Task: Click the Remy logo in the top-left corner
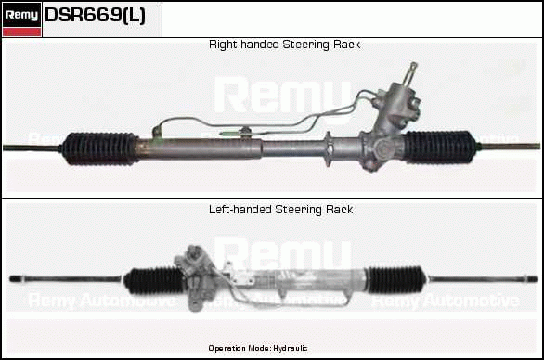point(21,19)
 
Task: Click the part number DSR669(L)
point(95,15)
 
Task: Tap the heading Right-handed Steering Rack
point(284,45)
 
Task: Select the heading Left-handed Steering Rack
point(280,210)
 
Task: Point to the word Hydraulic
point(290,348)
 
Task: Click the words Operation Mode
point(240,348)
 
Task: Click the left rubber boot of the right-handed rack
point(99,148)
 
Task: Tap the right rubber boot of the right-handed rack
point(438,147)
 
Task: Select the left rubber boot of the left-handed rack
point(154,281)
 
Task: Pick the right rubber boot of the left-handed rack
point(396,280)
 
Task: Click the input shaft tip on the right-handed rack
point(413,66)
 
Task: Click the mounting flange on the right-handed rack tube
point(329,149)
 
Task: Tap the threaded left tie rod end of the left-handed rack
point(16,278)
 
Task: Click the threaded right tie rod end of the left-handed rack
point(530,278)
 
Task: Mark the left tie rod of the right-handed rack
point(32,148)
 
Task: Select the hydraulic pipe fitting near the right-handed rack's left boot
point(157,133)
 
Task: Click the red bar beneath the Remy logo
point(21,32)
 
